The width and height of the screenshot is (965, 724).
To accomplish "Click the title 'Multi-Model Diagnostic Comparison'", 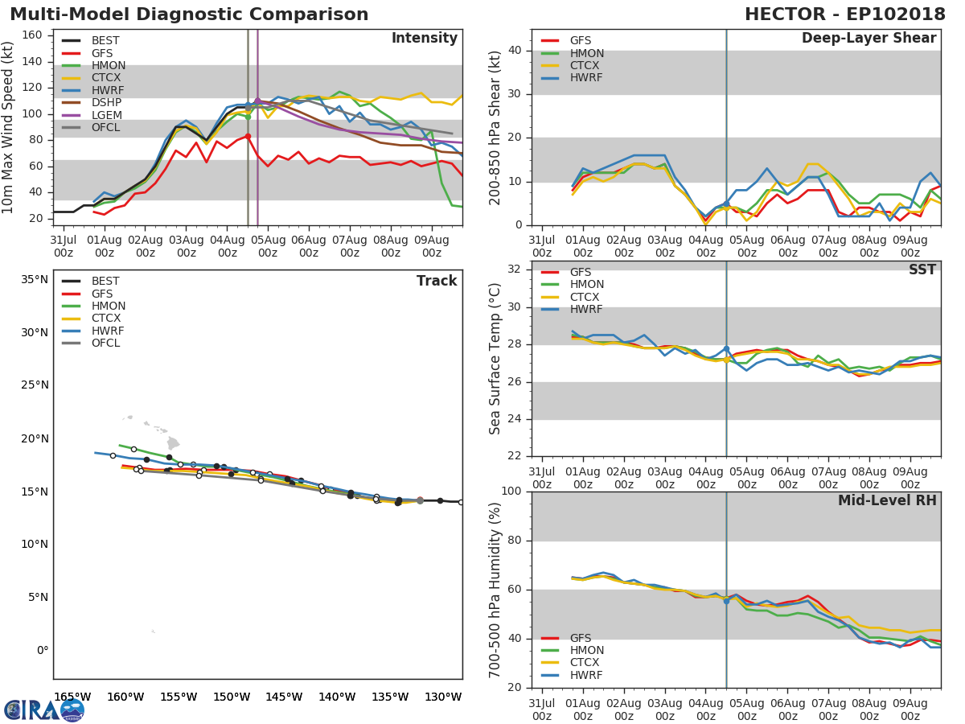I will [189, 14].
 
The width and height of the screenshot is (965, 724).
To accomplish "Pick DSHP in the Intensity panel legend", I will [106, 103].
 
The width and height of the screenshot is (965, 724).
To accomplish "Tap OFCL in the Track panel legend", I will [105, 343].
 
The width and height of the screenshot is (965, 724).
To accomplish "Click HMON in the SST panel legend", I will [586, 285].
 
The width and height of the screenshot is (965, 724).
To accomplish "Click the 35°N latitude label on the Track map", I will [34, 280].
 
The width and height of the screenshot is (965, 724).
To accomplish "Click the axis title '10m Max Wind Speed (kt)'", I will [9, 128].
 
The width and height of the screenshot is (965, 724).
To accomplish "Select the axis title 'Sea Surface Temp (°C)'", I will [495, 359].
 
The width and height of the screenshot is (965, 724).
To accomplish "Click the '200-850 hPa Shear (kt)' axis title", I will [495, 127].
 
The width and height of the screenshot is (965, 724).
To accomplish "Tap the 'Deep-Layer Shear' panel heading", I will [868, 39].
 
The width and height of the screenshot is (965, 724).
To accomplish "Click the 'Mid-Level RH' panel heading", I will [887, 500].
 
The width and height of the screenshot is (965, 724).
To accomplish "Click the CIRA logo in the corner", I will [43, 710].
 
